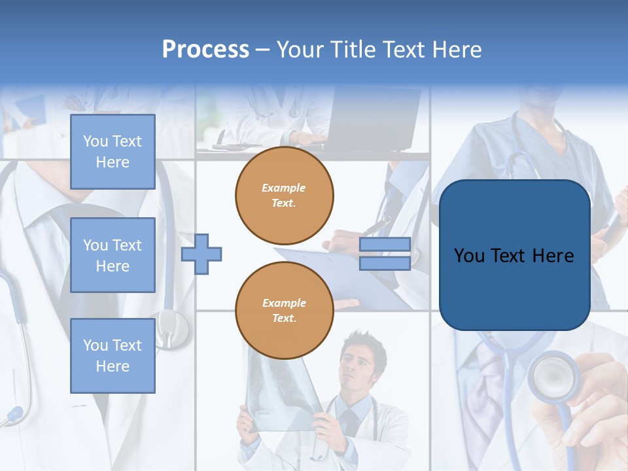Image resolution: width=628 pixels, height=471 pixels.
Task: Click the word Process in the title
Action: (x=205, y=50)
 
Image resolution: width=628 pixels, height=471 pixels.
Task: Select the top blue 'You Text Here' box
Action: (x=113, y=152)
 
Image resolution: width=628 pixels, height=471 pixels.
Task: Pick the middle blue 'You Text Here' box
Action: (x=113, y=255)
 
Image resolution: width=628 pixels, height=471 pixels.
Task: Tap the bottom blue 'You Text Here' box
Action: (x=113, y=356)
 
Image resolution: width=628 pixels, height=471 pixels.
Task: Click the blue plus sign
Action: (x=201, y=254)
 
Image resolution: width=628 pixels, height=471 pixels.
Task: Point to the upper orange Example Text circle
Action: (x=285, y=196)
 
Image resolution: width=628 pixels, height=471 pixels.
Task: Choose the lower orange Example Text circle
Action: (x=285, y=311)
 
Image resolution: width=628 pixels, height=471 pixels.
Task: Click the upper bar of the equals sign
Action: (x=385, y=245)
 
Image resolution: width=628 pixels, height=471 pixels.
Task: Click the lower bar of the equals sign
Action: (x=385, y=263)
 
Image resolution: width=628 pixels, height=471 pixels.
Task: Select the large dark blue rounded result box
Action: (x=514, y=255)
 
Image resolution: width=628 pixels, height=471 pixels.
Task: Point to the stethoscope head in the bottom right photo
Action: (x=551, y=377)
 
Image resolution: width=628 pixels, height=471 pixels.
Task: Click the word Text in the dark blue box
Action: (x=514, y=256)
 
